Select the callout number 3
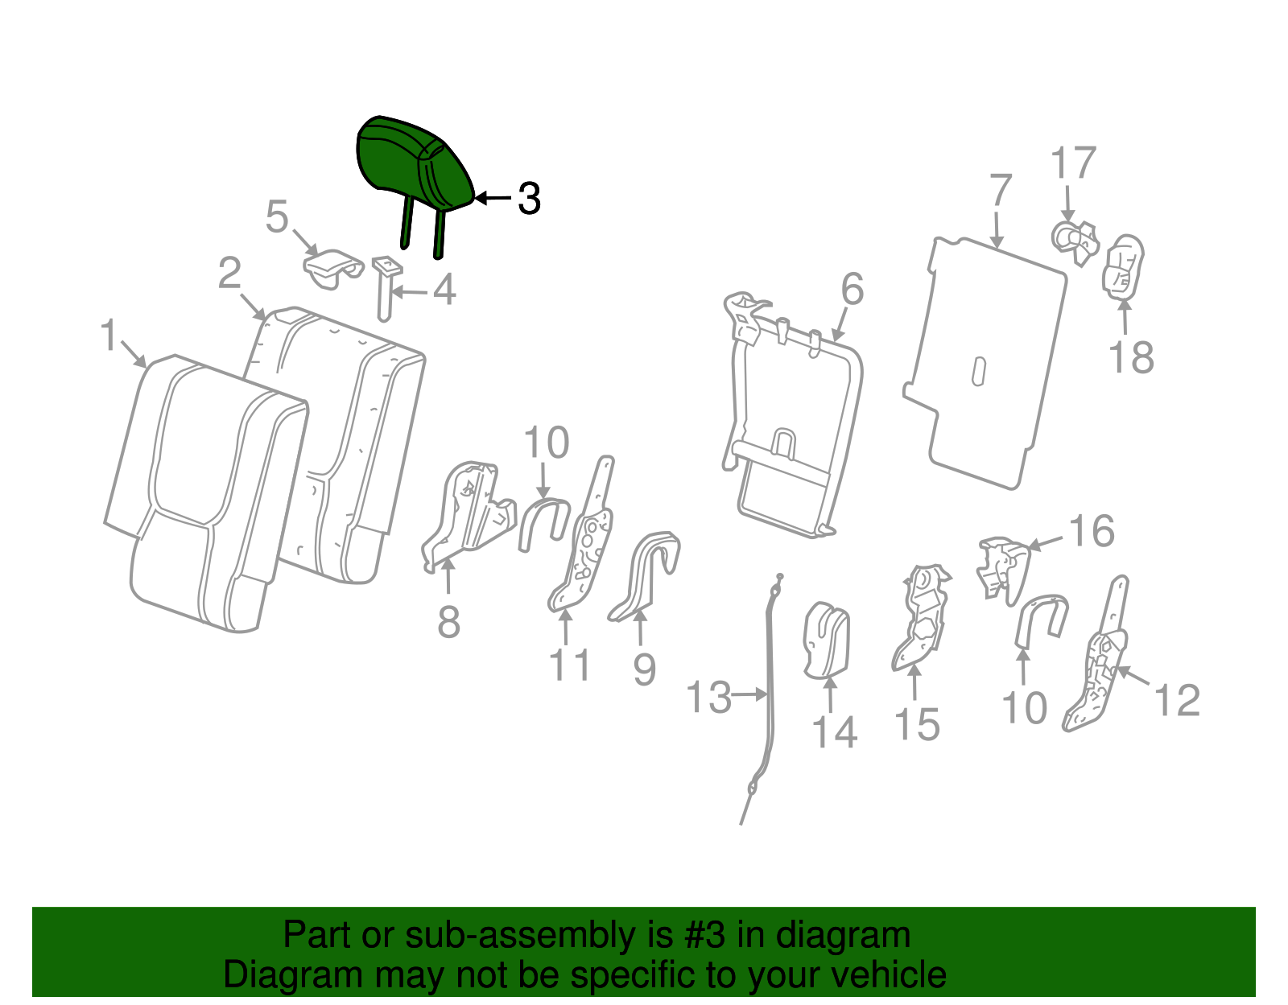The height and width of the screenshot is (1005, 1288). coord(529,199)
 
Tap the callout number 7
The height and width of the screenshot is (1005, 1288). coord(1001,190)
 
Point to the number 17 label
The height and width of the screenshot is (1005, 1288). coord(1073,163)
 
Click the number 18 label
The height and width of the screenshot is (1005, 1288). coord(1131,357)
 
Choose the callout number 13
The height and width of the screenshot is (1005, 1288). coord(709,697)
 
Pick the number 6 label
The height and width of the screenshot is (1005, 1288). coord(852,289)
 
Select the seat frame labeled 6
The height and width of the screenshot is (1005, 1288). coord(792,414)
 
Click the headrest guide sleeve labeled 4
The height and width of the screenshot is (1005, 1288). coord(386,288)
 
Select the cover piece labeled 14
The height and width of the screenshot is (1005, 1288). coord(826,640)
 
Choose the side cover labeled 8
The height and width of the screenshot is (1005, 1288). coord(469,515)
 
